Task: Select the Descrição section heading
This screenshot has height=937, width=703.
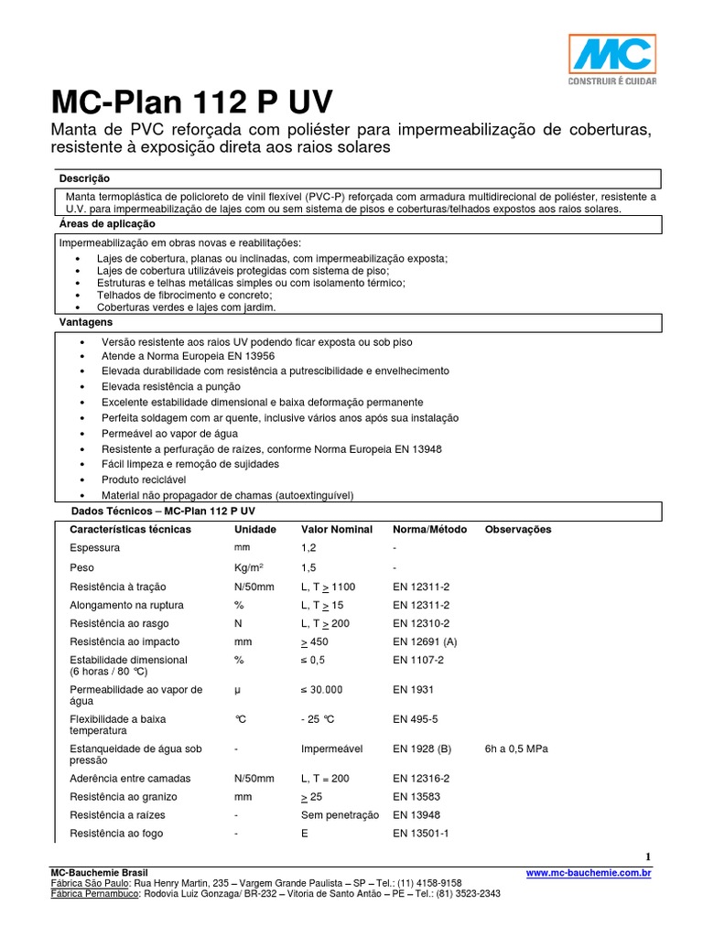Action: coord(84,178)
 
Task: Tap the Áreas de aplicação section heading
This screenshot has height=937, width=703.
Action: coord(107,224)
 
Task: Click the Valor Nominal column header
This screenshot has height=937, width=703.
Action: coord(337,530)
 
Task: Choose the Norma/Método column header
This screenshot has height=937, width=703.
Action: coord(429,530)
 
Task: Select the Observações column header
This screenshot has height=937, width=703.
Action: coord(518,530)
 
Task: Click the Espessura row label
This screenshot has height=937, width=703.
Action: coord(94,548)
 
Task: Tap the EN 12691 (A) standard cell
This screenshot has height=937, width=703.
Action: coord(425,642)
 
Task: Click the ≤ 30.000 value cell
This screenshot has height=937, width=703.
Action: coord(322,690)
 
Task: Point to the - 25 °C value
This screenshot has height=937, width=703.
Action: coord(321,719)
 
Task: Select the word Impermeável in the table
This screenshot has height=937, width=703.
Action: coord(331,749)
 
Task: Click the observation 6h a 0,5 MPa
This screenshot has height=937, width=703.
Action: coord(516,749)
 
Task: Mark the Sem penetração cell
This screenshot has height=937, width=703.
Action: coord(340,814)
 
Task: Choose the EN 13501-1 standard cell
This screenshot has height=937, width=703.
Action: coord(421,834)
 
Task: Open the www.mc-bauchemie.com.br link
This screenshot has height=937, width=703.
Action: coord(589,874)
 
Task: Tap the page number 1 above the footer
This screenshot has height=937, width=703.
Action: coord(648,856)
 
